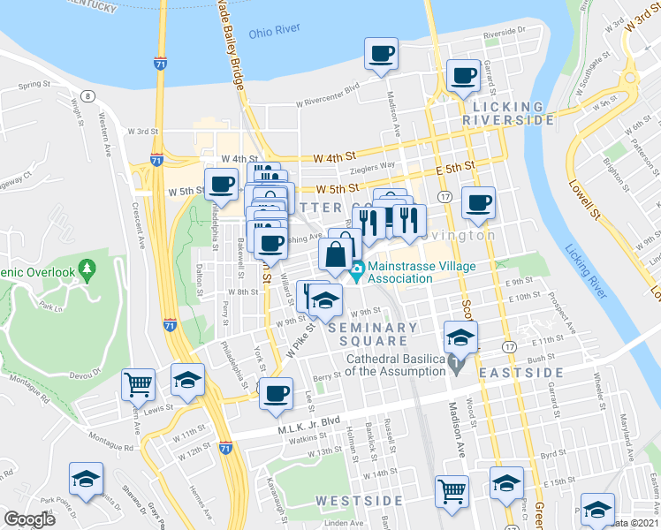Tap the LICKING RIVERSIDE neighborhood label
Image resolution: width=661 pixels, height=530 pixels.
coord(509,111)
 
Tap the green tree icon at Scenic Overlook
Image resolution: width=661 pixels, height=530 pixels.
coord(86,267)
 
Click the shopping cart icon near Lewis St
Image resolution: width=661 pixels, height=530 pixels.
coord(139,384)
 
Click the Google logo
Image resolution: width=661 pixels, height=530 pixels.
coord(29,519)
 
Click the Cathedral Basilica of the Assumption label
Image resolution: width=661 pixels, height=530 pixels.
coord(396,365)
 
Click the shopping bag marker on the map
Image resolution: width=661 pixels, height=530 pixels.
coord(336,256)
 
